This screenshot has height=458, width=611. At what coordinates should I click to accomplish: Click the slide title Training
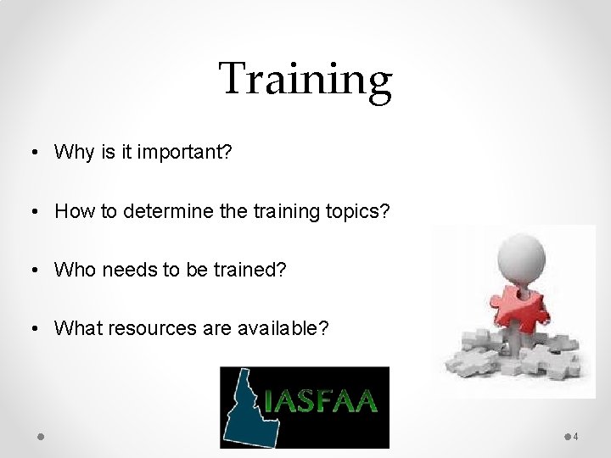[305, 79]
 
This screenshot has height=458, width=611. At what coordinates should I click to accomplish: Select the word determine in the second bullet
[168, 210]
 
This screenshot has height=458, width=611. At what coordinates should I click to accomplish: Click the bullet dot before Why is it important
[31, 153]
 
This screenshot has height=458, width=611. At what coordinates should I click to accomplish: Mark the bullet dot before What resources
[31, 329]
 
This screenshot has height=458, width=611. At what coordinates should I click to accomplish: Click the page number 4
[576, 437]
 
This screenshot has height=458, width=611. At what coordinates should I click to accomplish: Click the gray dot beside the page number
[567, 436]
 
